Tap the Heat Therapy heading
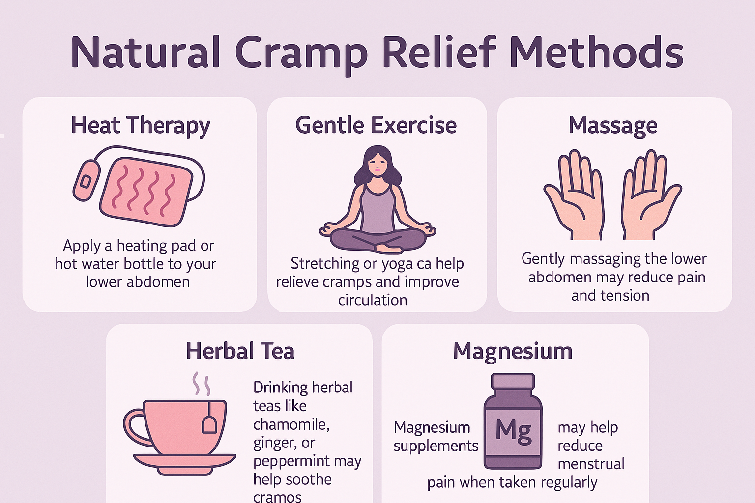click(x=141, y=125)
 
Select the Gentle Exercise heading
click(x=376, y=125)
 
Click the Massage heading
click(x=612, y=125)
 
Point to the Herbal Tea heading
click(x=240, y=351)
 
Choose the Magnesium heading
click(x=513, y=351)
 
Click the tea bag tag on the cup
click(x=209, y=424)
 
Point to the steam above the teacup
click(x=201, y=385)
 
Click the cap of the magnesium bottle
click(x=513, y=381)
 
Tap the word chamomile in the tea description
click(x=291, y=424)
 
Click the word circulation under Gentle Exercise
click(x=373, y=300)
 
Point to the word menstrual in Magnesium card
click(x=591, y=464)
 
